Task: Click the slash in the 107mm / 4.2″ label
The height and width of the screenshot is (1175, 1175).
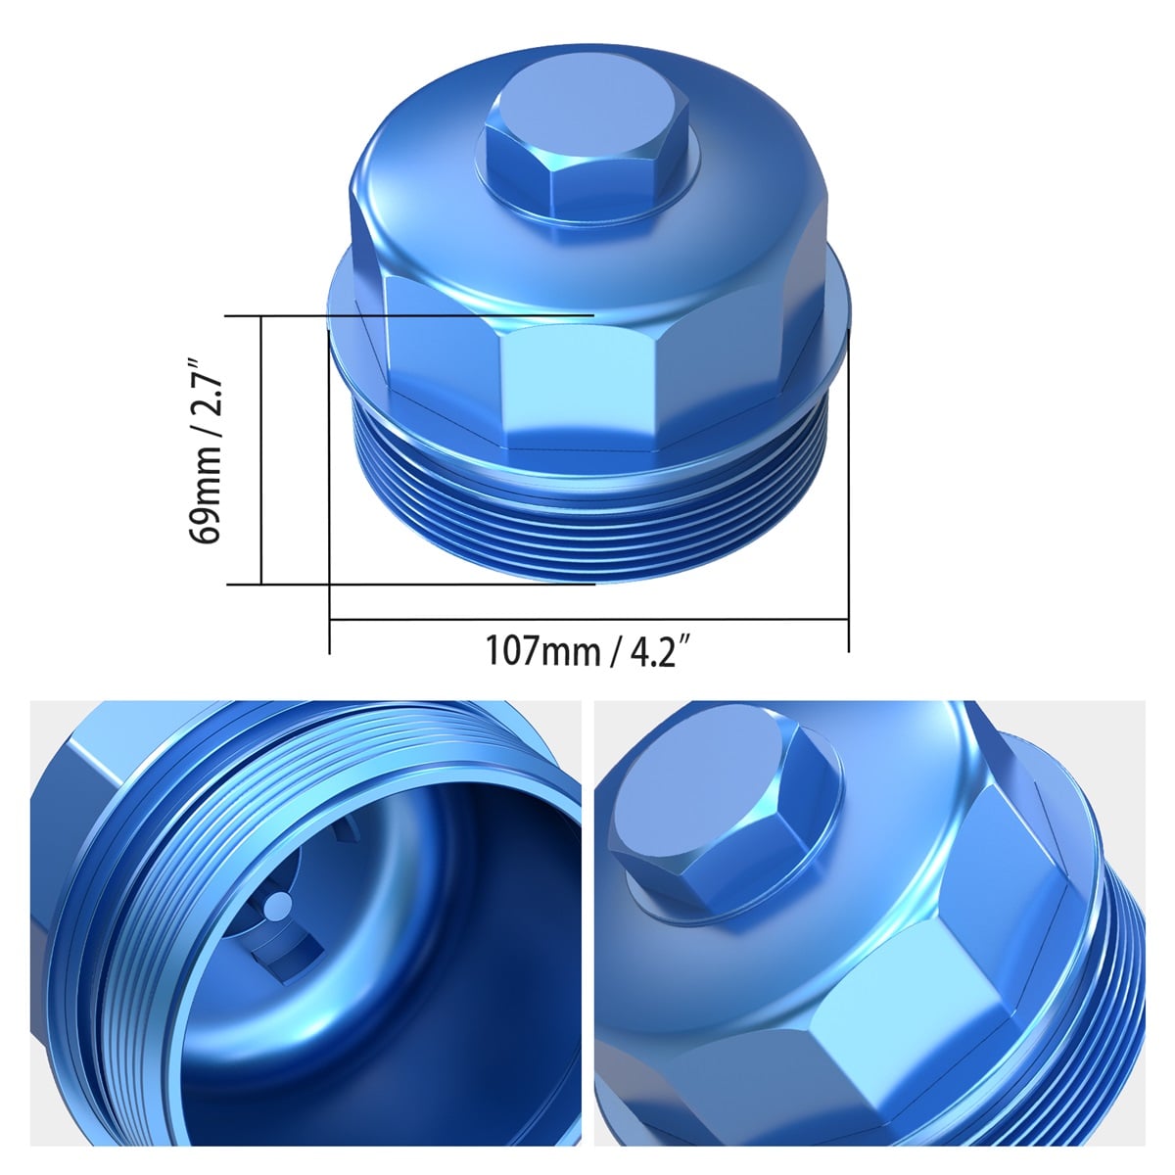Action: coord(616,650)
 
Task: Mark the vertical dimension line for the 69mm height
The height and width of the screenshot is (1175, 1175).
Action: coord(262,450)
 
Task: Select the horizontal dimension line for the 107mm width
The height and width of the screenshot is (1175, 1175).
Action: coord(587,619)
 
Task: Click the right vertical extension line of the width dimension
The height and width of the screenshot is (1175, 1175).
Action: coord(848,490)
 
